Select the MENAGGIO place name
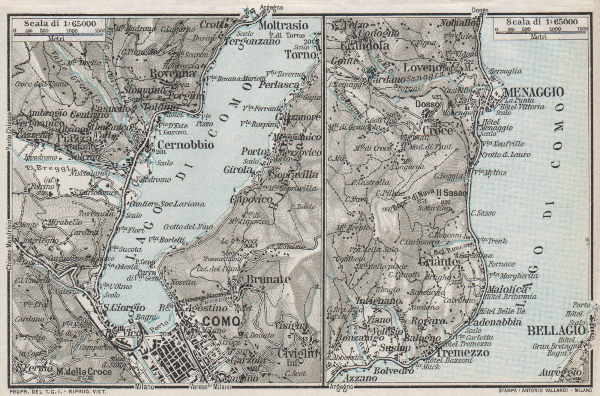pos(534,92)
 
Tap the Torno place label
pos(306,54)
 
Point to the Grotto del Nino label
pos(188,227)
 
